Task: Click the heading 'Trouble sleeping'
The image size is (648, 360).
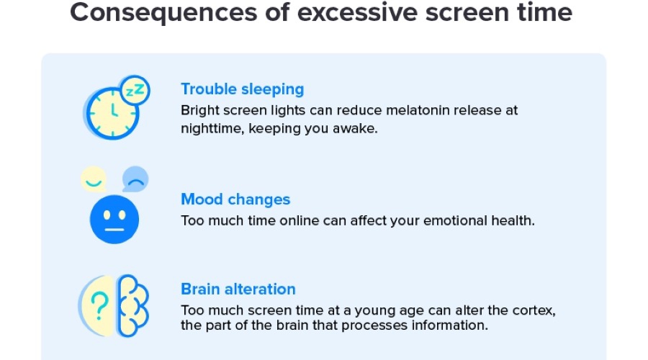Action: pyautogui.click(x=242, y=89)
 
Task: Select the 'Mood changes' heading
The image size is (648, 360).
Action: pyautogui.click(x=235, y=199)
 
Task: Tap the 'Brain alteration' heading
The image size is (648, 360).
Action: pyautogui.click(x=238, y=289)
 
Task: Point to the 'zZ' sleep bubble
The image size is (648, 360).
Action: pyautogui.click(x=135, y=91)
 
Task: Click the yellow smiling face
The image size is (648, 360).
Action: pyautogui.click(x=93, y=179)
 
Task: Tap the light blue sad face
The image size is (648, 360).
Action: pyautogui.click(x=135, y=179)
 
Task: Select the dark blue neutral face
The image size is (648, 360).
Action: pyautogui.click(x=114, y=217)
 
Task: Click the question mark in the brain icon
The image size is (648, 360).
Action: pyautogui.click(x=101, y=303)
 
